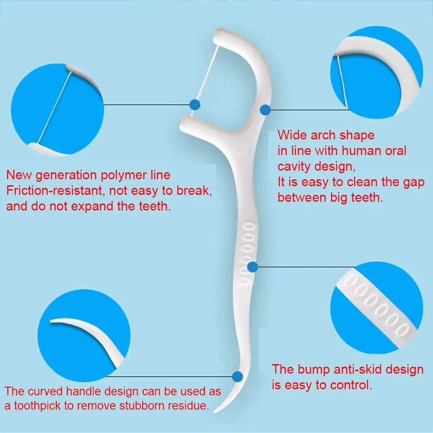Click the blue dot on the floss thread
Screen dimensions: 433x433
(x=195, y=105)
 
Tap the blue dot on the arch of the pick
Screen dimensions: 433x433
(x=265, y=110)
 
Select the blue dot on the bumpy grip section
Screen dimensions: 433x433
(x=252, y=267)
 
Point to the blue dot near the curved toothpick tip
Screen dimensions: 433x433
(x=237, y=376)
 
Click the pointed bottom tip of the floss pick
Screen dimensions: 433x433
(x=215, y=412)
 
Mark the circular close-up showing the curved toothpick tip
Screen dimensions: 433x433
(x=84, y=336)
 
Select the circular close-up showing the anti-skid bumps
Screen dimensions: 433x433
(x=377, y=307)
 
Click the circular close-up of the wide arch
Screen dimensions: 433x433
(x=377, y=72)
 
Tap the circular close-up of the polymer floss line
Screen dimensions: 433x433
(x=58, y=110)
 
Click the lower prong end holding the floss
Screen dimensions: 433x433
(x=186, y=124)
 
